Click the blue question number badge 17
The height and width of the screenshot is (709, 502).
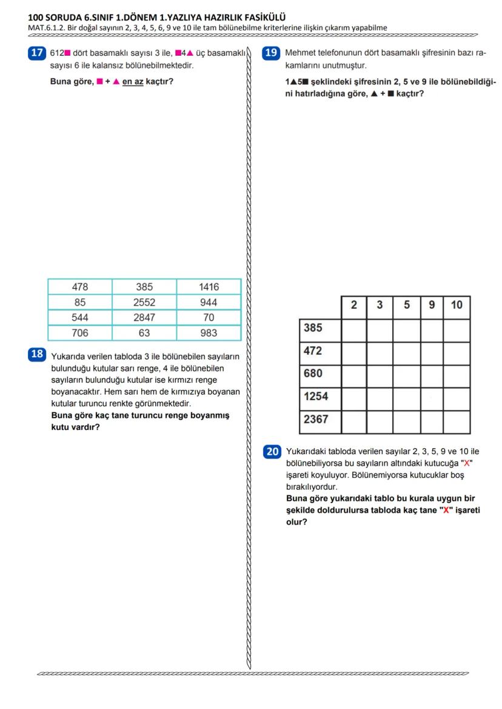tap(36, 53)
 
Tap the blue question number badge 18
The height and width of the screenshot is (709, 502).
tap(37, 354)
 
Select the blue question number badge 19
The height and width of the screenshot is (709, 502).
tap(270, 53)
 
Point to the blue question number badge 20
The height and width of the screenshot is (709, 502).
tap(272, 451)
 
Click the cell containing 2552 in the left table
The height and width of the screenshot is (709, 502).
tap(144, 302)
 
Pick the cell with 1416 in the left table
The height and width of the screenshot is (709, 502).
tap(209, 287)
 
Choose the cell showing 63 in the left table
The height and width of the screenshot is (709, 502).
tap(144, 332)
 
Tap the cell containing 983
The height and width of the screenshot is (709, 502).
tap(209, 332)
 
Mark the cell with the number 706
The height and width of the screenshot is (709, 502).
tap(80, 332)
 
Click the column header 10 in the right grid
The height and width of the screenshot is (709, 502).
tap(457, 305)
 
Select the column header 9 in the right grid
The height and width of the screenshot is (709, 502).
tap(432, 305)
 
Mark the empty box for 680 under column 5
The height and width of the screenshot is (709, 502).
tap(406, 374)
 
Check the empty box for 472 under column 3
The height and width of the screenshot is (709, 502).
tap(380, 351)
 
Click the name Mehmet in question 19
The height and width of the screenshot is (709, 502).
tap(301, 53)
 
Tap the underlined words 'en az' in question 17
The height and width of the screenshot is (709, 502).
tap(133, 82)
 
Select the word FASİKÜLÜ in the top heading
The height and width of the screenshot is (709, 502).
tap(260, 18)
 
